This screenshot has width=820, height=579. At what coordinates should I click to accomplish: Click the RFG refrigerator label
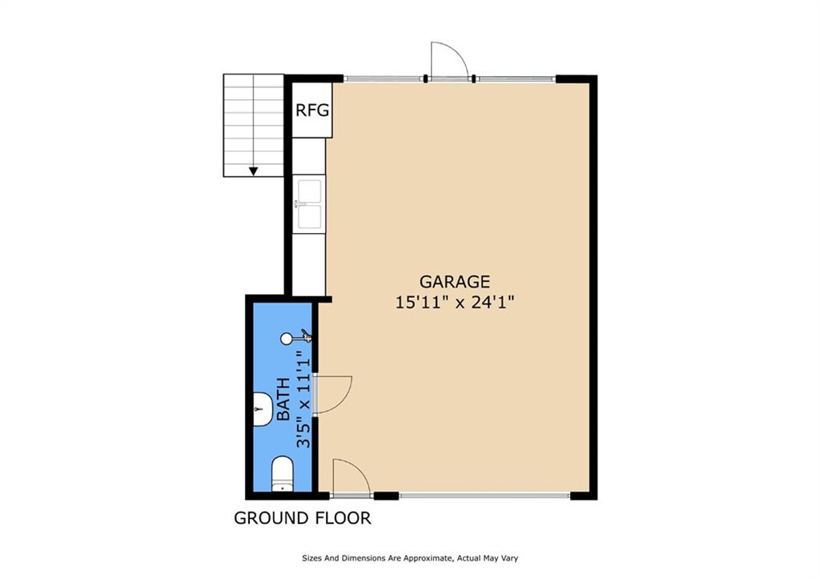pos(312,111)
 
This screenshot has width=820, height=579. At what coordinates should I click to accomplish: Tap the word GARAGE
pos(454,282)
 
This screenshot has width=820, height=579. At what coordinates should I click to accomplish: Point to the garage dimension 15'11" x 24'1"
pos(454,303)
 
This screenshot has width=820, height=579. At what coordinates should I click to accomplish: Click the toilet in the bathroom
pos(283,473)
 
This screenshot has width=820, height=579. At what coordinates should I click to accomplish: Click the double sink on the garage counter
pos(308,205)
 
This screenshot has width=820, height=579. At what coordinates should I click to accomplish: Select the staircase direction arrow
pos(254,170)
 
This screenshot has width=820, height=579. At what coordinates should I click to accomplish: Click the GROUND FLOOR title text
pos(302,518)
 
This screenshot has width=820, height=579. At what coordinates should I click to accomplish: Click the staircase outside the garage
pos(254,124)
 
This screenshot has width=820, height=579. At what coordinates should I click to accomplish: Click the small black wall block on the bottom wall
pos(386,496)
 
